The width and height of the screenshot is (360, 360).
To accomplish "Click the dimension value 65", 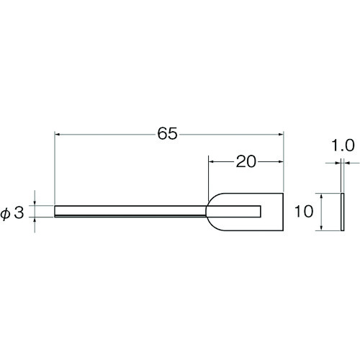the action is pos(167,133).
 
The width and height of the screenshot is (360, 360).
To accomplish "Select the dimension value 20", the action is pos(246,161).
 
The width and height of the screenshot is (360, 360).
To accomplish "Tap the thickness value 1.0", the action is pos(343,145).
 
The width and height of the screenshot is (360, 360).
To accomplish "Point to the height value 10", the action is pos(304,212).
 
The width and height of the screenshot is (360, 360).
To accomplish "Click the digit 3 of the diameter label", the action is pos(19,213).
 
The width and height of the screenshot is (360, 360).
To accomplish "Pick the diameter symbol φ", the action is pos(5,214).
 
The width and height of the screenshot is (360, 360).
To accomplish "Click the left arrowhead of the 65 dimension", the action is pos(57,135).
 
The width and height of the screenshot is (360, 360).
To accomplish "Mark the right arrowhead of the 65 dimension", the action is pos(282,135).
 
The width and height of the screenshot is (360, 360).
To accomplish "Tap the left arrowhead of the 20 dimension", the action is pos(211,162).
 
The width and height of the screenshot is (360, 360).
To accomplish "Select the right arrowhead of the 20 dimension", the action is pos(282,162).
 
